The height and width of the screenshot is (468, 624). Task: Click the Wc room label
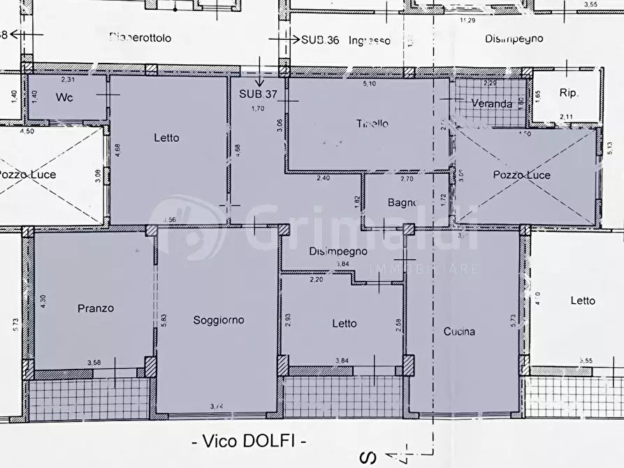(x=64, y=98)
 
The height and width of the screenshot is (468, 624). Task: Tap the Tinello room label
(x=372, y=124)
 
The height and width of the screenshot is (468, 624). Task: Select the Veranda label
(x=491, y=104)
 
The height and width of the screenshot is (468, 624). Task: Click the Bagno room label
(x=402, y=203)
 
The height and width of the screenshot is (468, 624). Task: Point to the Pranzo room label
(x=96, y=308)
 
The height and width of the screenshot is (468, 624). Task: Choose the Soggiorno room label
(x=219, y=320)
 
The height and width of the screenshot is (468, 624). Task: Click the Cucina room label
(x=459, y=332)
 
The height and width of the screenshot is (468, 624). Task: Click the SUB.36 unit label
(x=320, y=40)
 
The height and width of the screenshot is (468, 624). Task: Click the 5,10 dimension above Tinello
(x=368, y=85)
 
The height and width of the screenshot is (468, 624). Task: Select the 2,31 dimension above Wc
(x=68, y=81)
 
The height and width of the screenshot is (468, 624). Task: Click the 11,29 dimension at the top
(x=467, y=20)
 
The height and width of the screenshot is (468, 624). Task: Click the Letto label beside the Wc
(x=166, y=138)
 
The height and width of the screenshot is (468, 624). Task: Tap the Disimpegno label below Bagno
(x=338, y=251)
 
